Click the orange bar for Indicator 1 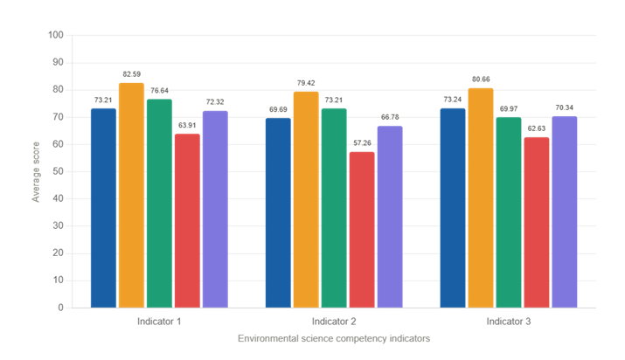(x=131, y=195)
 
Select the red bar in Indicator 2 (x=362, y=230)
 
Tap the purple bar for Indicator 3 (x=565, y=211)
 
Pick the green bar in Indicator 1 (x=159, y=204)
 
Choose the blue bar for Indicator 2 (x=278, y=212)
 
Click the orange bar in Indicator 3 (x=481, y=198)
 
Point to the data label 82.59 (x=131, y=74)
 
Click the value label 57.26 (x=362, y=143)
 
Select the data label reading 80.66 (x=481, y=80)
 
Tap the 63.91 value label (x=187, y=125)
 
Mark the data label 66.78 (x=390, y=117)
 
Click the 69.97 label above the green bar (x=509, y=108)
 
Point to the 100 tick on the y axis (x=56, y=35)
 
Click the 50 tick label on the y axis (x=59, y=171)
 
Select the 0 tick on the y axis (x=60, y=308)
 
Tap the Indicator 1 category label (x=159, y=322)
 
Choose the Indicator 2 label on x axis (x=334, y=322)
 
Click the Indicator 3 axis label (x=509, y=322)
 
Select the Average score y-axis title (x=36, y=172)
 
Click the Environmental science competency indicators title (x=334, y=338)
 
